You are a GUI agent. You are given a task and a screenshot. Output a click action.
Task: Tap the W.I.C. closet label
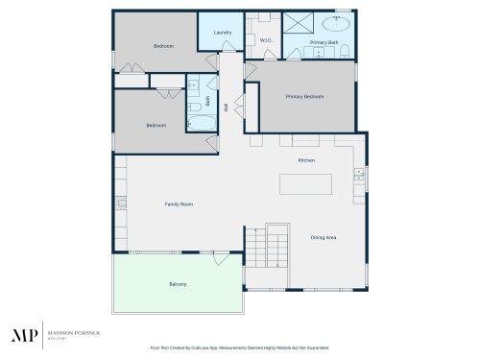pos(268,40)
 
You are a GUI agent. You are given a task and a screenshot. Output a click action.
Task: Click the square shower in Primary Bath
pos(296,23)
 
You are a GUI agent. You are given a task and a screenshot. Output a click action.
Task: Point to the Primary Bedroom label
pos(304,96)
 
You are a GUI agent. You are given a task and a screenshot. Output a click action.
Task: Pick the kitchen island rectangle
pos(306,182)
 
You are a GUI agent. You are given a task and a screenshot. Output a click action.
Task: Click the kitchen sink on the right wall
pos(358,174)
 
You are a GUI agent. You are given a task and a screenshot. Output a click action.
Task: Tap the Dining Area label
pos(323,237)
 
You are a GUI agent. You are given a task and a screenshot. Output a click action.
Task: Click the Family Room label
pos(180,204)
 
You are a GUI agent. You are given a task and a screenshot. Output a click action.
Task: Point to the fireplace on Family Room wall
pos(120,204)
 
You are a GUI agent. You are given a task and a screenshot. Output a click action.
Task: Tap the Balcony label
pos(178,284)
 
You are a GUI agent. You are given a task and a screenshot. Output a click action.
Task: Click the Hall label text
pos(226,108)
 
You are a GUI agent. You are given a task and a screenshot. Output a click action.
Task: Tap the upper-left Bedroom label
pos(163,46)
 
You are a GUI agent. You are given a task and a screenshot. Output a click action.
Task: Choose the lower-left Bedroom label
pos(156,125)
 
